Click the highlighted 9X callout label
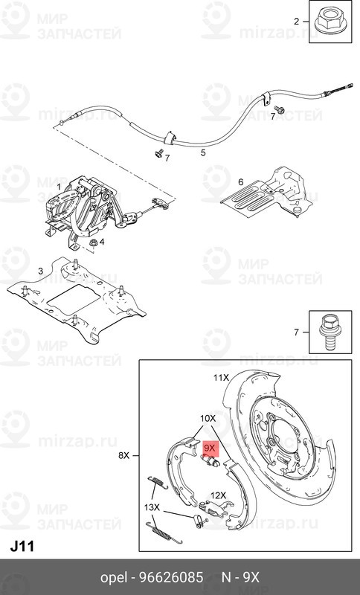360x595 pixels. (210, 448)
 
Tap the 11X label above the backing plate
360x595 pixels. (221, 378)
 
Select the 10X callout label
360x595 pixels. (208, 419)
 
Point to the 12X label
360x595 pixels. (218, 495)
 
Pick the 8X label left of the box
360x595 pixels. (123, 455)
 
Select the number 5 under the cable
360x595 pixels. (203, 152)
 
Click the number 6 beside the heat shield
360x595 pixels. (240, 182)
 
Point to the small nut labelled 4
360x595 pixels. (92, 242)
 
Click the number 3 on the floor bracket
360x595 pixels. (41, 271)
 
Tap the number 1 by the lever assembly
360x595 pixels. (59, 187)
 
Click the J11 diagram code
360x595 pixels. (22, 547)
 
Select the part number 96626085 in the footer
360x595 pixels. (172, 578)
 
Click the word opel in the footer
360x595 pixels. (114, 579)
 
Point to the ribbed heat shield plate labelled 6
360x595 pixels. (268, 193)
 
